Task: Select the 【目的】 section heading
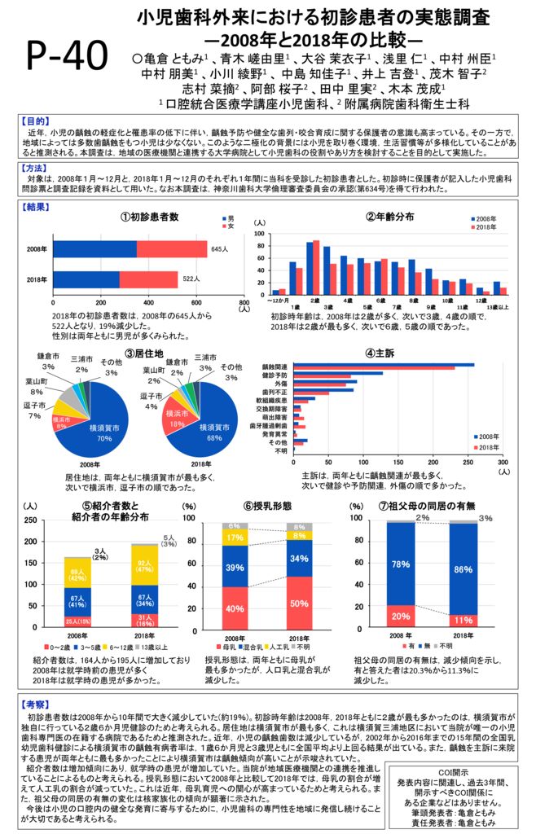[33, 120]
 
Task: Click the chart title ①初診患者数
[149, 217]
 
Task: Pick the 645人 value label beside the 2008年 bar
[219, 248]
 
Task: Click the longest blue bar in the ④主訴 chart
[383, 365]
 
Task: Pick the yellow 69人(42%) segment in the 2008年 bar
[77, 574]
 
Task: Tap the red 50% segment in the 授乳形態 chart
[299, 603]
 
